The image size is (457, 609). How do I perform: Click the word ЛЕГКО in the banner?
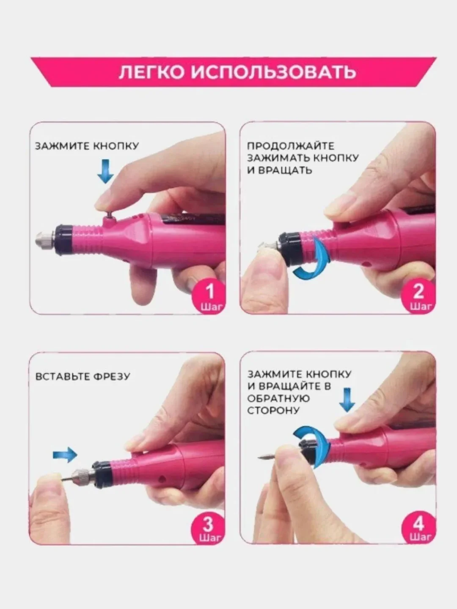(x=151, y=72)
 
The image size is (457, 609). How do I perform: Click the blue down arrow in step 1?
(x=106, y=171)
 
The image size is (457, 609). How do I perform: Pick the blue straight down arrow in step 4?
(x=347, y=400)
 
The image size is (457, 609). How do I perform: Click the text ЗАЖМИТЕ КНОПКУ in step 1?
(x=87, y=146)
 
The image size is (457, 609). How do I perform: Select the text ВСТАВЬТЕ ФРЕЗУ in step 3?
(x=83, y=376)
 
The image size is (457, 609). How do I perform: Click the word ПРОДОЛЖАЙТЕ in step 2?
(x=291, y=146)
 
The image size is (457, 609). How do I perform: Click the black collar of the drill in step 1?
(x=64, y=239)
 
